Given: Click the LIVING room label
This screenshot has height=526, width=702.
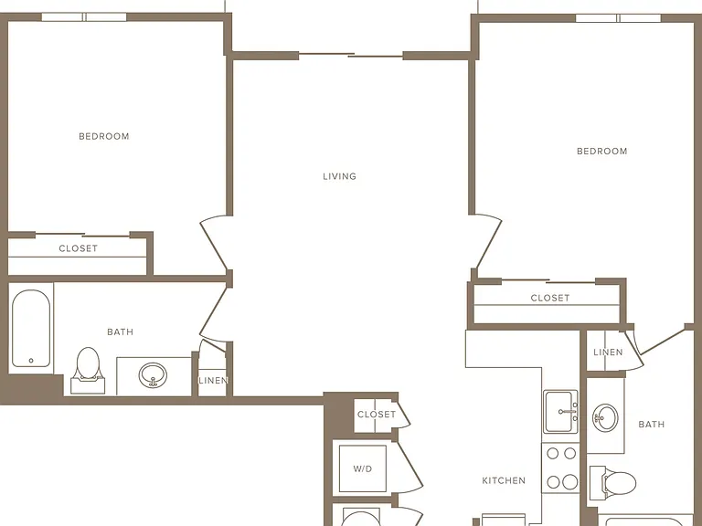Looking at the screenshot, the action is pos(339,176).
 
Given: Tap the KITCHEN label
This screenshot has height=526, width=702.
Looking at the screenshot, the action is pos(504,481).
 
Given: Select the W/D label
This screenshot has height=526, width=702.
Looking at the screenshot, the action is pos(363,468).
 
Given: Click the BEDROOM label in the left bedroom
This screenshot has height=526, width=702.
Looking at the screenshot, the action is pos(104,136).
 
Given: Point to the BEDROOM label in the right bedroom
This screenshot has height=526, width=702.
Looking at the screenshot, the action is pos(601,152).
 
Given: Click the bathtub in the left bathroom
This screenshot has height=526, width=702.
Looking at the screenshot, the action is pos(31,329).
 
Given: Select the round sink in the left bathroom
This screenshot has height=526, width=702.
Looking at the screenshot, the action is pos(153,374).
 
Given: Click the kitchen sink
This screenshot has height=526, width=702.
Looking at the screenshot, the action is pos(560,412).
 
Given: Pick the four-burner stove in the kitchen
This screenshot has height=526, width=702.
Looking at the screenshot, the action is pos(561,468).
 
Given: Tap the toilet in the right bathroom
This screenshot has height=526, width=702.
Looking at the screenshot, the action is pos(612,483).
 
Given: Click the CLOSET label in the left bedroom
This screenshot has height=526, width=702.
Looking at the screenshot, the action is pos(79,248).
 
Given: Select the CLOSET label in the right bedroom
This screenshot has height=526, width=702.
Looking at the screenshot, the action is pos(550,298).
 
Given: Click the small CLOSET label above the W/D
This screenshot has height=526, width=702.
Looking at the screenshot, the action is pos(377,415).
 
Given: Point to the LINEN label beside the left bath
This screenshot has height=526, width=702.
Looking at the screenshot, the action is pos(214,380).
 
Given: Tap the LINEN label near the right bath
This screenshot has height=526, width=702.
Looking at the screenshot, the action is pos(608,352).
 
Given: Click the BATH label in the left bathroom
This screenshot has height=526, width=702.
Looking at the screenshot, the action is pos(120,331).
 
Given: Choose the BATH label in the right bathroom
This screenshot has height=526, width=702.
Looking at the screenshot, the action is pos(652,425).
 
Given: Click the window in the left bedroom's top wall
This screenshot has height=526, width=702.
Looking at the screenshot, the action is pos(84,17).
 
